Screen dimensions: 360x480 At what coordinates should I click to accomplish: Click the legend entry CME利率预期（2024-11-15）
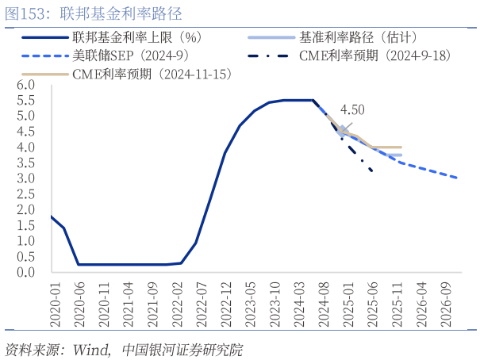click(x=151, y=74)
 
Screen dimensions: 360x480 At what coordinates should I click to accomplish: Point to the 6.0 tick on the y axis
click(x=26, y=85)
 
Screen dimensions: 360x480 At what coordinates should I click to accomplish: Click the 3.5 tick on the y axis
click(x=26, y=163)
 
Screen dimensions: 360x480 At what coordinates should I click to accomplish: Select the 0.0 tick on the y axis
click(x=26, y=272)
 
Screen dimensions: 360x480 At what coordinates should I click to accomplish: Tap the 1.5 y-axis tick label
click(x=26, y=225)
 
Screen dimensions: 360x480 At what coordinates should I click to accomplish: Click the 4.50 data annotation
click(x=352, y=110)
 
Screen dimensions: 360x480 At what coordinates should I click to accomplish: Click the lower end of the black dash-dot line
click(x=371, y=170)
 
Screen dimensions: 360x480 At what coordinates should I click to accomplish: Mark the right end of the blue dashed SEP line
click(x=457, y=178)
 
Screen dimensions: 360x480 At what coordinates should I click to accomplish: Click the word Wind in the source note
click(x=90, y=349)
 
